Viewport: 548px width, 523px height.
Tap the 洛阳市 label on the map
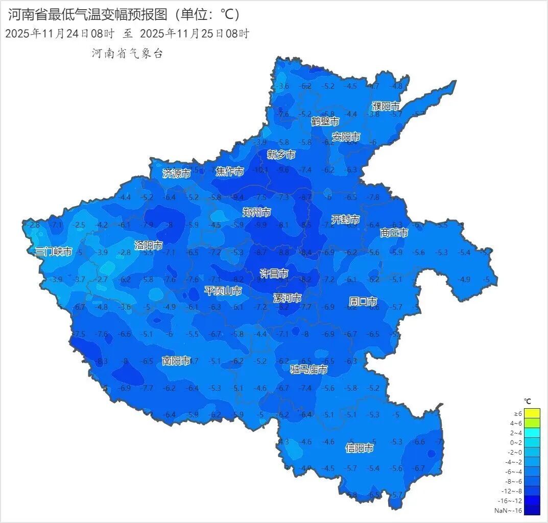pyautogui.click(x=149, y=245)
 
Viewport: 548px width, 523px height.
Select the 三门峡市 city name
pyautogui.click(x=54, y=252)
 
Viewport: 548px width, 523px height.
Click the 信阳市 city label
pyautogui.click(x=359, y=448)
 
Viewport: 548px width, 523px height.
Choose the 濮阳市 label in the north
pyautogui.click(x=386, y=106)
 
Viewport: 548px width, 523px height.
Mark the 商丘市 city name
pyautogui.click(x=394, y=233)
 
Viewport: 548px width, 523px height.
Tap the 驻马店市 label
pyautogui.click(x=309, y=369)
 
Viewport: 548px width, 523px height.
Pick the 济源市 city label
pyautogui.click(x=177, y=173)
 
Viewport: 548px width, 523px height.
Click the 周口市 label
pyautogui.click(x=363, y=301)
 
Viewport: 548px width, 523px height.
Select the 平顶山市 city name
pyautogui.click(x=223, y=291)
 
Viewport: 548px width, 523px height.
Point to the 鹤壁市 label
pyautogui.click(x=325, y=121)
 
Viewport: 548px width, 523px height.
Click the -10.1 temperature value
pyautogui.click(x=260, y=170)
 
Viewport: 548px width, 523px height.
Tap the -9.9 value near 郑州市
pyautogui.click(x=261, y=225)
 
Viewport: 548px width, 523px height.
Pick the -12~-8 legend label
pyautogui.click(x=508, y=491)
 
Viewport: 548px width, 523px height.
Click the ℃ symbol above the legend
pyautogui.click(x=528, y=402)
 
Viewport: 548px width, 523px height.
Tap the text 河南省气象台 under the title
pyautogui.click(x=127, y=54)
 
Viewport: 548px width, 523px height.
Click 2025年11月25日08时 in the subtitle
pyautogui.click(x=195, y=34)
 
